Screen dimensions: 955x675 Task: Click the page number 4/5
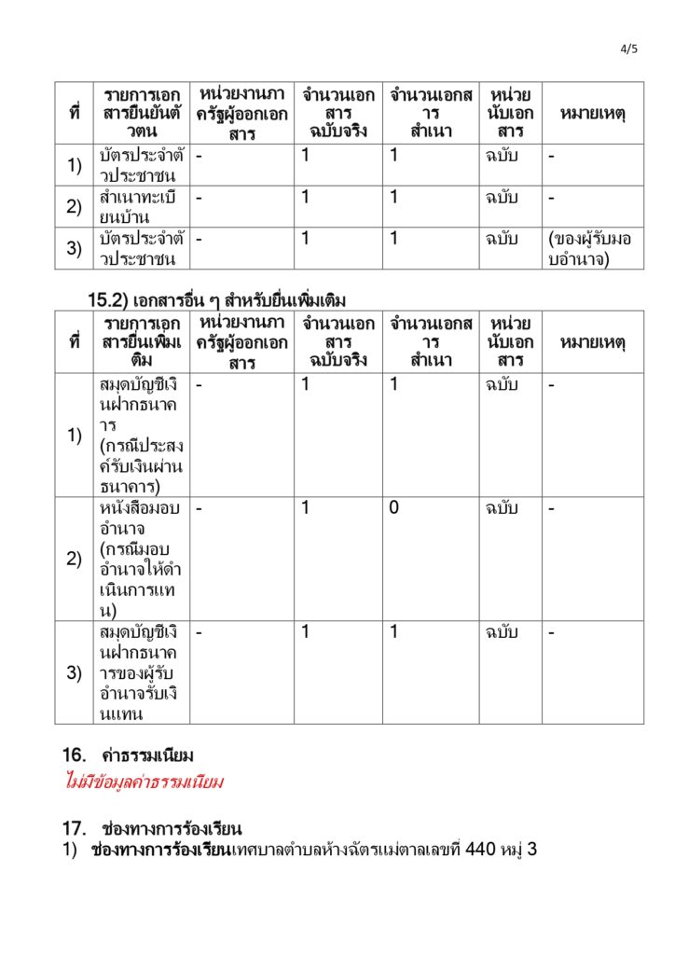(x=630, y=48)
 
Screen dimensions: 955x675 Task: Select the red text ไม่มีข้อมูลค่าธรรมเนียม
(x=144, y=782)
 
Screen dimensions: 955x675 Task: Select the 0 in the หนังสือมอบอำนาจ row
(x=394, y=509)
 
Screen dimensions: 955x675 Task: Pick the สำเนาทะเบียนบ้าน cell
(x=142, y=207)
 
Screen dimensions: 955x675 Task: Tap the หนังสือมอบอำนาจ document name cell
(x=142, y=559)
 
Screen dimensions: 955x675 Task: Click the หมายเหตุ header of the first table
(x=592, y=114)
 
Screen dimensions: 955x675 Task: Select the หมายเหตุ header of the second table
(x=592, y=342)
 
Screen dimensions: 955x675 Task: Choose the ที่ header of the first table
(x=75, y=114)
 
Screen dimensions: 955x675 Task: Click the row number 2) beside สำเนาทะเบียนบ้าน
(x=75, y=207)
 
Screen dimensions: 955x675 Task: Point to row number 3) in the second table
(x=75, y=672)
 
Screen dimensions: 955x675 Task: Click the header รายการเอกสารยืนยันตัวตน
(x=143, y=114)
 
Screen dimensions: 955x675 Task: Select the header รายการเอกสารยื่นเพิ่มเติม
(x=143, y=342)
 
